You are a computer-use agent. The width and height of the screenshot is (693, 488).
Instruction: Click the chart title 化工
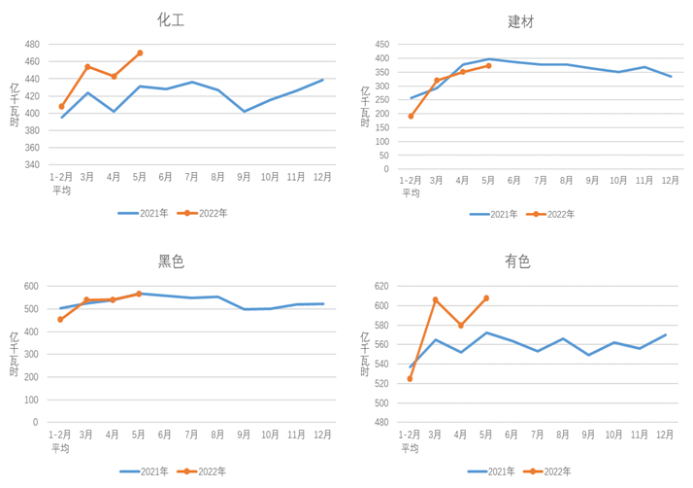click(x=171, y=19)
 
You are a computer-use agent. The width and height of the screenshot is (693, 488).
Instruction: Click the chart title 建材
click(x=521, y=20)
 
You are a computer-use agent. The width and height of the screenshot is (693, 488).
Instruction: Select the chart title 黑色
click(x=171, y=261)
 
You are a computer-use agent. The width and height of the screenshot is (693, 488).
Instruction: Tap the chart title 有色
click(x=517, y=261)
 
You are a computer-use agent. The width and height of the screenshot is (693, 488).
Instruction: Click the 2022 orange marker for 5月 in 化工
click(x=140, y=53)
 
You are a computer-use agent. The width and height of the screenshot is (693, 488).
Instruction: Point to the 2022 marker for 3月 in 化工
click(x=87, y=67)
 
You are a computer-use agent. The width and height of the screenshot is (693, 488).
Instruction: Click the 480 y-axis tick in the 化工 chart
click(x=32, y=45)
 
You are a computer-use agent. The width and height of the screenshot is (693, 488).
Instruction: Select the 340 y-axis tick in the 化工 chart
click(x=32, y=164)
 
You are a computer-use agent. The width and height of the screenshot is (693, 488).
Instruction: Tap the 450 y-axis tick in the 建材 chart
click(x=381, y=44)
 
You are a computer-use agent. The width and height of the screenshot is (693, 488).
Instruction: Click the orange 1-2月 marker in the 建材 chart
click(x=411, y=117)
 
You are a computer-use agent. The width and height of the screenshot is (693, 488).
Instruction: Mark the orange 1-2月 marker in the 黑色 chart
click(x=60, y=320)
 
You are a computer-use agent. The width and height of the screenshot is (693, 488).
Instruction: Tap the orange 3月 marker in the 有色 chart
click(x=435, y=299)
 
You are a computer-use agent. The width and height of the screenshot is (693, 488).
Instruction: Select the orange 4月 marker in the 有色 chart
click(x=461, y=326)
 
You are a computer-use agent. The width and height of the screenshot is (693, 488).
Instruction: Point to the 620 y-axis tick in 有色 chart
click(x=380, y=286)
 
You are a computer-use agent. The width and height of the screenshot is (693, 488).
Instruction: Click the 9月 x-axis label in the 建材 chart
click(x=592, y=181)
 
